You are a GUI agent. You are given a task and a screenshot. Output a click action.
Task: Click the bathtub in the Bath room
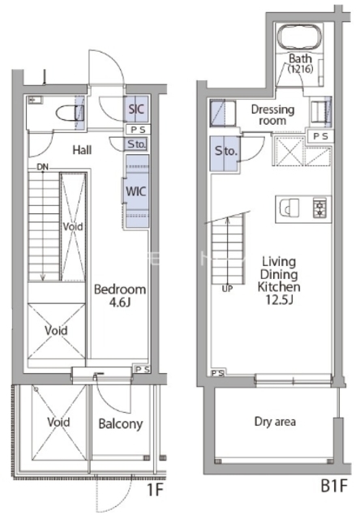click(x=300, y=37)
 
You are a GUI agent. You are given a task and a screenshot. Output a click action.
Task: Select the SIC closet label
click(x=136, y=109)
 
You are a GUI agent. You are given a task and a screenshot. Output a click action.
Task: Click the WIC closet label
click(x=135, y=191)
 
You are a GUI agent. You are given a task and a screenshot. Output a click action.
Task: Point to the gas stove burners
click(x=319, y=208)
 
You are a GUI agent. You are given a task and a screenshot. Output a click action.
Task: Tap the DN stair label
click(x=42, y=167)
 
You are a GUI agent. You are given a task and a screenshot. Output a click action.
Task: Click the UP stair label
click(x=227, y=289)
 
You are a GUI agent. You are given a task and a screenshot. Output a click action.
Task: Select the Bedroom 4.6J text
click(x=120, y=295)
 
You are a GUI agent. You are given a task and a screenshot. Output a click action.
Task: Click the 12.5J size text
click(x=280, y=299)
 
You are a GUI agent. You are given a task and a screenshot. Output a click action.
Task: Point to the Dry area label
click(x=275, y=422)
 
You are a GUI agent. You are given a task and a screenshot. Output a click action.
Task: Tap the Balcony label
click(x=121, y=423)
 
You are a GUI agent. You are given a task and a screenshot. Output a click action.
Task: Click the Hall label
click(x=82, y=150)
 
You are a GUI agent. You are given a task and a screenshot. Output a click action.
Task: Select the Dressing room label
click(x=272, y=115)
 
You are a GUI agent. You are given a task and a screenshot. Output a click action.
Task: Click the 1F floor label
click(x=155, y=490)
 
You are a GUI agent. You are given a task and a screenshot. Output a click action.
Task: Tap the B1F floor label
click(x=334, y=487)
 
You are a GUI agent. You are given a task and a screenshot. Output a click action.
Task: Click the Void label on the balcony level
click(x=58, y=422)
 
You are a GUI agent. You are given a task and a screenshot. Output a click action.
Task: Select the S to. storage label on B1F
click(x=226, y=151)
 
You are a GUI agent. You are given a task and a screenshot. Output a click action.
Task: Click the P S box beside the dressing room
click(x=320, y=136)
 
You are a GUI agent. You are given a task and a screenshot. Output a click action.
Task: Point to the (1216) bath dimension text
click(x=301, y=69)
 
